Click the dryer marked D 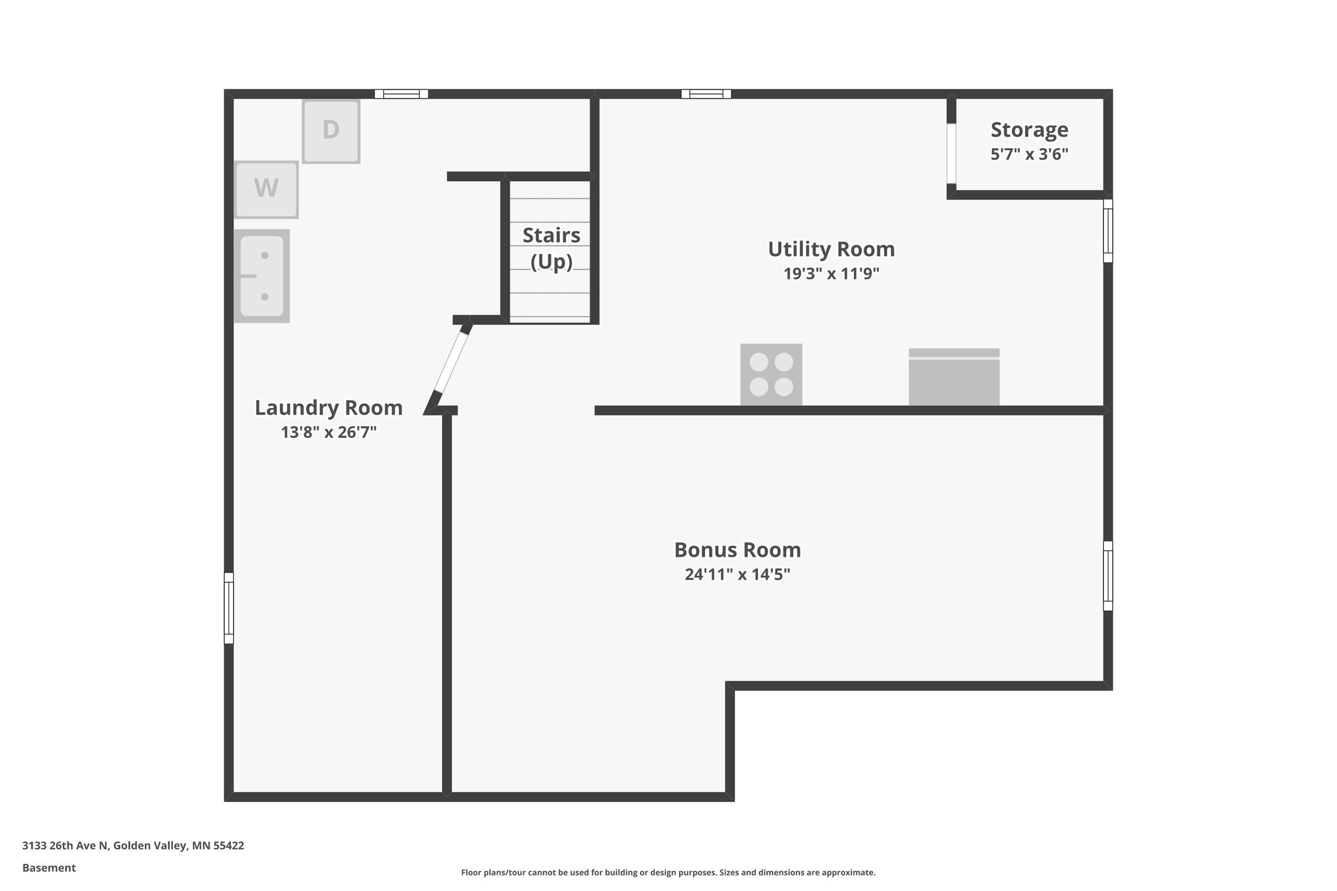(331, 131)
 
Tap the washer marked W (266, 189)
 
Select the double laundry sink (262, 276)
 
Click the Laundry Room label (328, 408)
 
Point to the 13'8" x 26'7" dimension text (328, 432)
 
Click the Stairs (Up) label (551, 248)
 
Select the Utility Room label (830, 249)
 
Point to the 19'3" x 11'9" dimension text (830, 274)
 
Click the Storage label (1029, 130)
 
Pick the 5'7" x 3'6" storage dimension (1029, 155)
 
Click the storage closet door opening (951, 153)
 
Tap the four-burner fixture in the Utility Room (771, 374)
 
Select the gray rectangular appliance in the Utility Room (954, 377)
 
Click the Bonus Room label (737, 550)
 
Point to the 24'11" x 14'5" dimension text (737, 574)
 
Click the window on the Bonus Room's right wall (1108, 575)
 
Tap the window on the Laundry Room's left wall (228, 608)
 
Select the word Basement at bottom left (49, 868)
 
